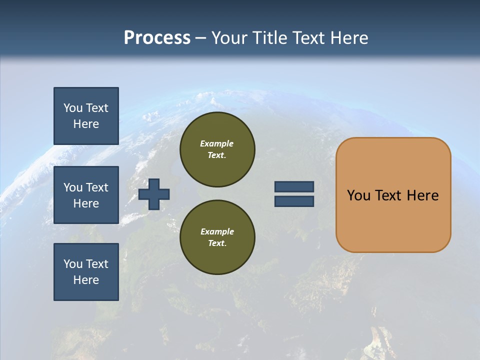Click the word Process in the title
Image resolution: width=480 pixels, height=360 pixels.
(x=157, y=38)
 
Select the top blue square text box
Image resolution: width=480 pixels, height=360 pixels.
(x=86, y=116)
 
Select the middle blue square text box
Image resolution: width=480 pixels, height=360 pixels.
(x=86, y=195)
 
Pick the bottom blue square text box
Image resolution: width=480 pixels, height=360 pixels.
(x=86, y=272)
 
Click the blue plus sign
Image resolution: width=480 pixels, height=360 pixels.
(x=154, y=194)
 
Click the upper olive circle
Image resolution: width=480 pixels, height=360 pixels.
(x=217, y=149)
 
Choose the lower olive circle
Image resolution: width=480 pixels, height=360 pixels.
(x=217, y=237)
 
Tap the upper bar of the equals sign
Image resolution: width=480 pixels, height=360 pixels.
(x=294, y=186)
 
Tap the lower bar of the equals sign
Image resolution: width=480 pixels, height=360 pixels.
(x=294, y=201)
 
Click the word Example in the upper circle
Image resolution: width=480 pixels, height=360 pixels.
(x=216, y=143)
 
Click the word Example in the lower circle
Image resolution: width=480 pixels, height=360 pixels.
(x=217, y=231)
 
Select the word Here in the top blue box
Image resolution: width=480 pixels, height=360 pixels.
(x=86, y=124)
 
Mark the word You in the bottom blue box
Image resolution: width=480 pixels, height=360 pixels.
(x=73, y=264)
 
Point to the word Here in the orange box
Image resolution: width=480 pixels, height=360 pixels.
(x=422, y=195)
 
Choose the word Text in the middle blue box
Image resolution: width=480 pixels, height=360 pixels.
(x=97, y=187)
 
